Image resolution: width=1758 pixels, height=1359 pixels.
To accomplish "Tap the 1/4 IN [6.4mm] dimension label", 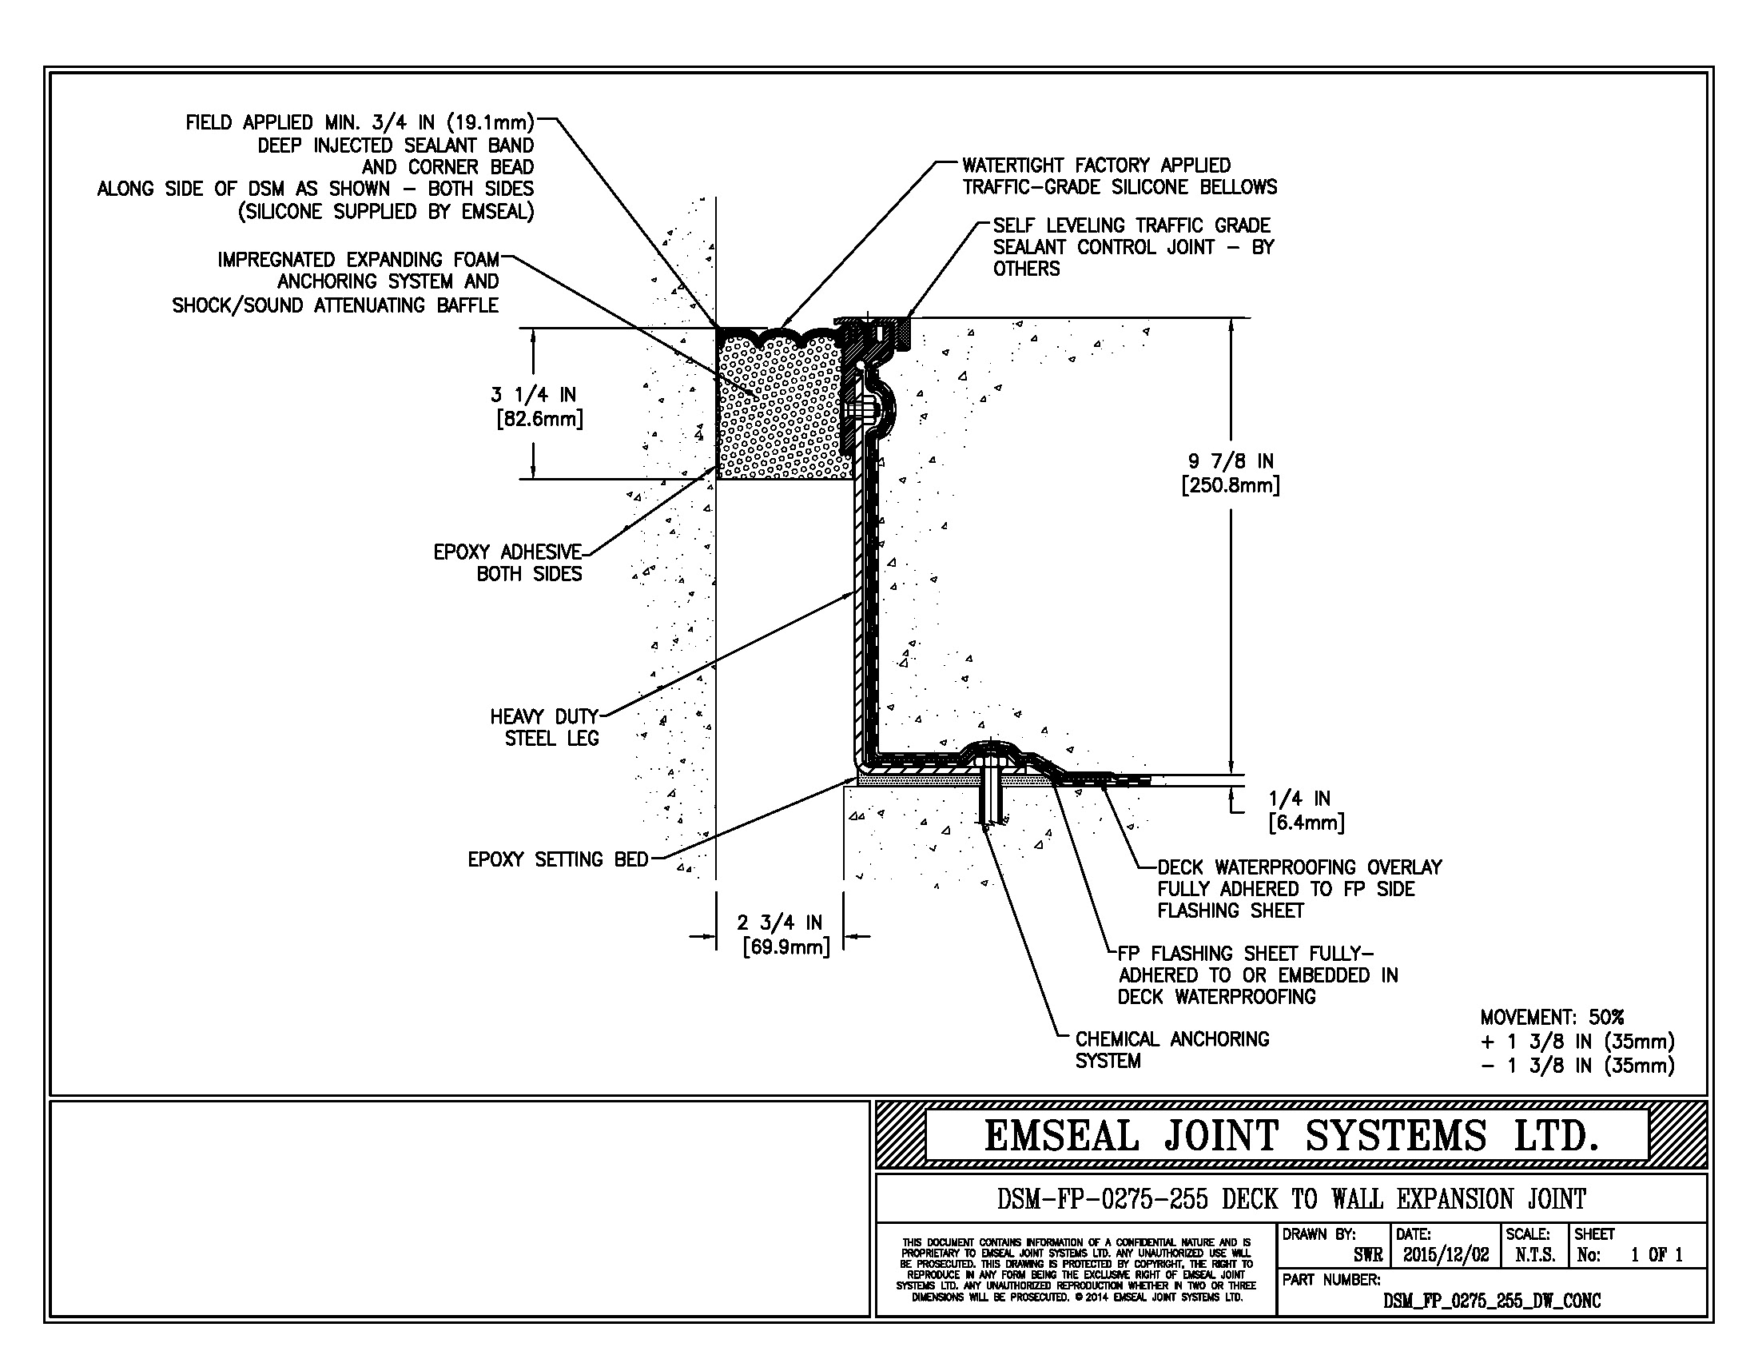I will pos(1305,810).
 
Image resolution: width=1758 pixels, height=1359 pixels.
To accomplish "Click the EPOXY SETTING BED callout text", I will pos(558,860).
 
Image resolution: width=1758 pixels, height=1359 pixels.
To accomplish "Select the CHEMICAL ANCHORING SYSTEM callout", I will pos(1171,1050).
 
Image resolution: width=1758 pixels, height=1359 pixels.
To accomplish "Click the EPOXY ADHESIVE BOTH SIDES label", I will pos(508,563).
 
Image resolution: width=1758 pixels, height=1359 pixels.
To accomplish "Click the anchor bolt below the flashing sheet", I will pos(989,797).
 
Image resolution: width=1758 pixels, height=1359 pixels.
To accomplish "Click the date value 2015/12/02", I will pos(1446,1254).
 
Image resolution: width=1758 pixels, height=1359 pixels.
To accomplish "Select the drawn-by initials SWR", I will pos(1368,1254).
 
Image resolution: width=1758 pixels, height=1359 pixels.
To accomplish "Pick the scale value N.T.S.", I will pos(1534,1254).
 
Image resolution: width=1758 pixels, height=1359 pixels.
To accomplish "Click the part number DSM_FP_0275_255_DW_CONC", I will pos(1492,1301).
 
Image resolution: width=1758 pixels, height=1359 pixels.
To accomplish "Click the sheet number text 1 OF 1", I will pos(1657,1254).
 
